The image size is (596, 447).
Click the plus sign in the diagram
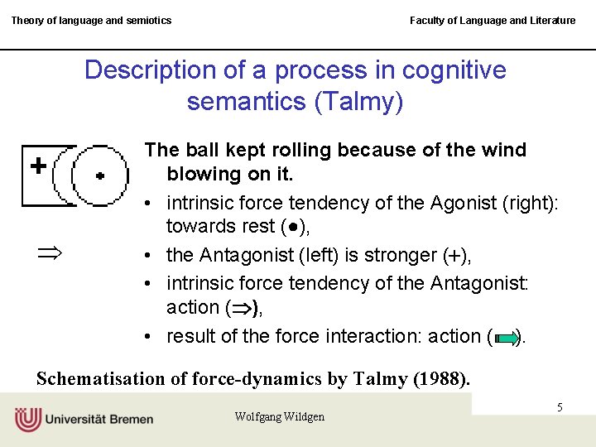coord(38,166)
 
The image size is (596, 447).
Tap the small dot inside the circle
coord(100,175)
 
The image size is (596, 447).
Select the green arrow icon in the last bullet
coord(506,338)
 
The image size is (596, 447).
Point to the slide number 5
coord(560,407)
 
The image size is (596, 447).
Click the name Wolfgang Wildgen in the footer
coord(279,416)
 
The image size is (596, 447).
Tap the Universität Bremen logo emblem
coord(27,419)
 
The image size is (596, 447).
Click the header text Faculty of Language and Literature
coord(493,20)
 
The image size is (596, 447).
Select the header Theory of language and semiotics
coord(91,20)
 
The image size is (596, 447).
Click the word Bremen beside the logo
coord(128,419)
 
